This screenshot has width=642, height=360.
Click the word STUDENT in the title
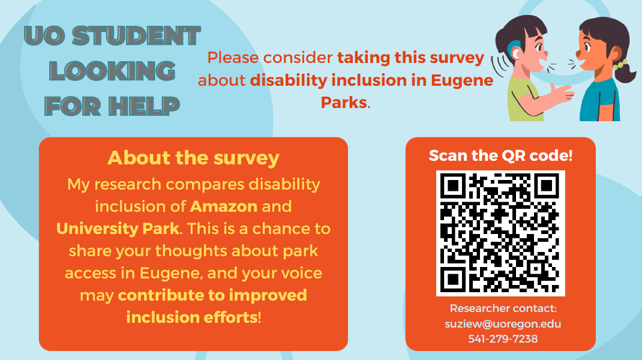click(x=136, y=35)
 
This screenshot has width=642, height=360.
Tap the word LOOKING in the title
click(x=112, y=71)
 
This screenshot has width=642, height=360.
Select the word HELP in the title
click(x=144, y=106)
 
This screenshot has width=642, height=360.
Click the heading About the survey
click(x=193, y=158)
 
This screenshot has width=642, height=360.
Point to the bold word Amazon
click(x=224, y=206)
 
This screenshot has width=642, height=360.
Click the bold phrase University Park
click(x=118, y=229)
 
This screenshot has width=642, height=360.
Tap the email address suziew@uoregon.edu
click(x=503, y=323)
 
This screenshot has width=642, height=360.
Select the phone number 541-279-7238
click(x=503, y=339)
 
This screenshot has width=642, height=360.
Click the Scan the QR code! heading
click(x=500, y=155)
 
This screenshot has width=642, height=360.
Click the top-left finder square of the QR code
click(x=453, y=186)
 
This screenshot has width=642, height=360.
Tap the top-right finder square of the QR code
click(x=547, y=186)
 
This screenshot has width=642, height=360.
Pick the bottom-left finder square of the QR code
click(x=453, y=280)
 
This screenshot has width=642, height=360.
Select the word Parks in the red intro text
click(x=344, y=103)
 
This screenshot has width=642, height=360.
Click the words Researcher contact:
click(x=503, y=308)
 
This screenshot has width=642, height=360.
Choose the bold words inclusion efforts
click(x=191, y=317)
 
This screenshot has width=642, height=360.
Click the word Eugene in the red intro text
click(x=462, y=81)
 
